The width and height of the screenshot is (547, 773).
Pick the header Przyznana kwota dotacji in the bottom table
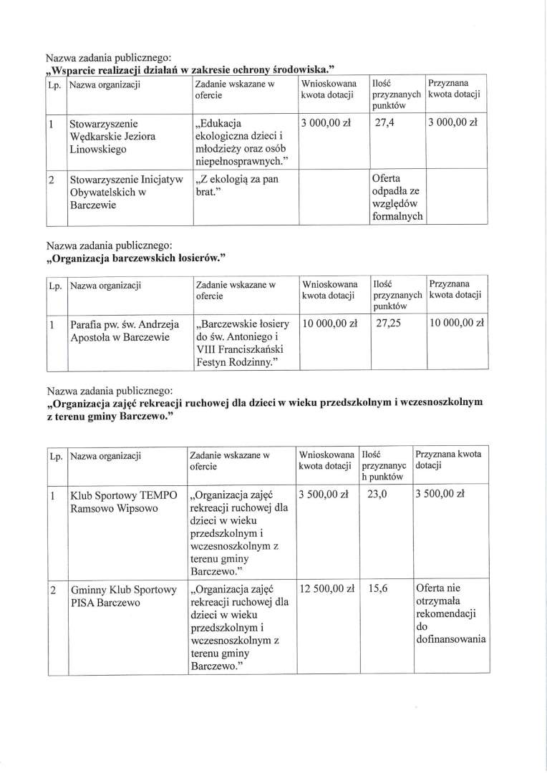[x=448, y=459]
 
